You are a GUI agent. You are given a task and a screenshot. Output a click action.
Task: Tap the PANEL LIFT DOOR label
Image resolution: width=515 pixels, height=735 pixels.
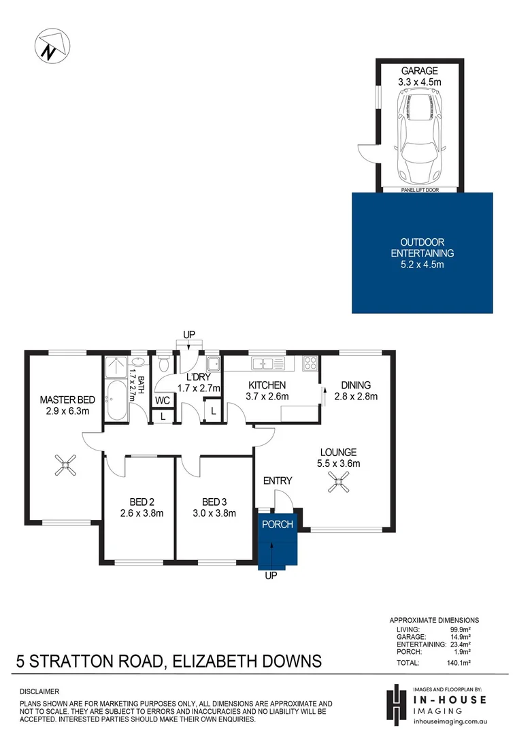pos(420,191)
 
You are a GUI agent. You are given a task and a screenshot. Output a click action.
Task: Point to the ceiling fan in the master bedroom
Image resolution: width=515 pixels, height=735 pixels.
pos(65,466)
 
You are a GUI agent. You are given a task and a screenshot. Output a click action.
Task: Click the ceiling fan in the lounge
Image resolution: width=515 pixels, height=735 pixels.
pos(338,484)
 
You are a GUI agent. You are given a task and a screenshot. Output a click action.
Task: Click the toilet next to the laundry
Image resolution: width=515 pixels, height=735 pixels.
pos(163,364)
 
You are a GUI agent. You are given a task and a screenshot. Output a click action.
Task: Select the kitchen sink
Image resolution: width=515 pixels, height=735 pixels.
pos(262,364)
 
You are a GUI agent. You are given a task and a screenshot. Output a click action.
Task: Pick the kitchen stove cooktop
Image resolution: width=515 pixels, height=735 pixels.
pos(310,363)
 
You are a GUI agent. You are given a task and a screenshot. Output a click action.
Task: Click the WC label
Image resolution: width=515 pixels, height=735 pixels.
pos(162,400)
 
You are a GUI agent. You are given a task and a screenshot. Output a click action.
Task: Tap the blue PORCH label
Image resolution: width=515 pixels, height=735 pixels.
pos(278,524)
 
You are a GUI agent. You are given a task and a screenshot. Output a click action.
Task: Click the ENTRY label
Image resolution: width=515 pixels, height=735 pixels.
pos(278,480)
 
